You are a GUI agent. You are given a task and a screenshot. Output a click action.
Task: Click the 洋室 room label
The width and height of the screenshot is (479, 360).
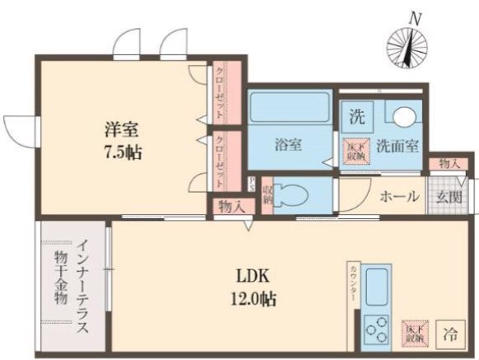click(120, 129)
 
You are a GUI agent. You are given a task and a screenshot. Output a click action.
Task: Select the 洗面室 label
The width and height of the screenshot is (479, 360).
click(398, 146)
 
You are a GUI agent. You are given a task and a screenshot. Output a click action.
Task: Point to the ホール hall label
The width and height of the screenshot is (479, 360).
click(400, 197)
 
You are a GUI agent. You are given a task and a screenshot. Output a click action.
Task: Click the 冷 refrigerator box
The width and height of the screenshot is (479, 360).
click(450, 334)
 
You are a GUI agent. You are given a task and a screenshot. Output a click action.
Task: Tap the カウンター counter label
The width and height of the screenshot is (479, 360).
click(353, 285)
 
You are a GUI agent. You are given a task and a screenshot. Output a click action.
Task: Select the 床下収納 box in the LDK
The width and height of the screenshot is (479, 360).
click(414, 331)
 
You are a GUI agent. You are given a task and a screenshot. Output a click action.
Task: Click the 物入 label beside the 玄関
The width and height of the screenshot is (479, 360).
click(449, 164)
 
